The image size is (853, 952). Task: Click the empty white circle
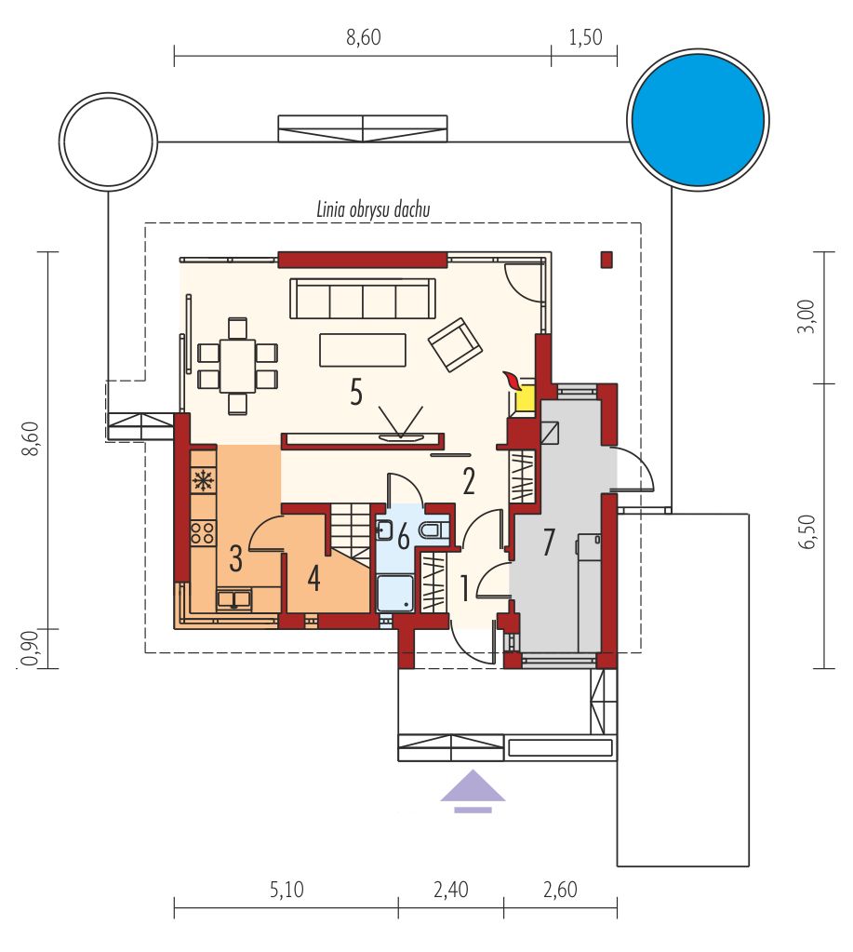click(108, 139)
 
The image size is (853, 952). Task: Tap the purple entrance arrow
click(473, 790)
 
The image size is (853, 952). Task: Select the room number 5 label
click(356, 392)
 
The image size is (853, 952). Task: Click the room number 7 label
click(549, 542)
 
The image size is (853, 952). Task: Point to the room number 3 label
click(236, 558)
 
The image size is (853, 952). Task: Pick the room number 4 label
click(313, 578)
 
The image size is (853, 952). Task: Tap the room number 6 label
click(403, 536)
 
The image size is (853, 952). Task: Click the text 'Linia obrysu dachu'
click(373, 209)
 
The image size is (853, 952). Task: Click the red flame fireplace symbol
click(512, 381)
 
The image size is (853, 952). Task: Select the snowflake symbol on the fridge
click(203, 480)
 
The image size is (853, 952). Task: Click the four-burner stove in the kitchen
click(203, 532)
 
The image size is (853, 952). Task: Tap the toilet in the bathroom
click(433, 530)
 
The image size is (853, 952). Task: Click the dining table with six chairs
click(237, 366)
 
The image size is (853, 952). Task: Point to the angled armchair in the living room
click(455, 344)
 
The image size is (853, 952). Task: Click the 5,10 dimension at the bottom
click(287, 890)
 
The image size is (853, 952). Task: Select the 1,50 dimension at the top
click(585, 37)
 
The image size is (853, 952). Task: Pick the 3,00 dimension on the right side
click(807, 317)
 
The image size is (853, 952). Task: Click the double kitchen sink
click(235, 599)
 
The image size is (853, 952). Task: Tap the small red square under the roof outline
click(606, 260)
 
